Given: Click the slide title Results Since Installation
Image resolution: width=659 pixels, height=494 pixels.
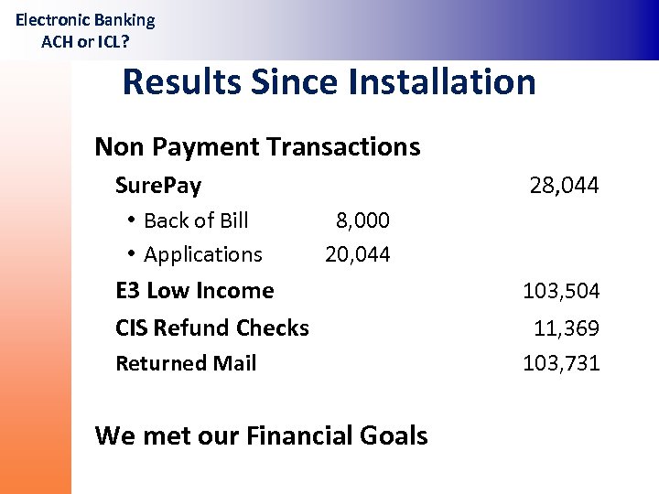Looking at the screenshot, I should pyautogui.click(x=329, y=81).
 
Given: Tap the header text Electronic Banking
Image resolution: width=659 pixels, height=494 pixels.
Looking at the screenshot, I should pyautogui.click(x=85, y=19).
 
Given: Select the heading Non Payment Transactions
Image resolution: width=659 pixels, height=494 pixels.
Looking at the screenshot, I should pyautogui.click(x=257, y=146).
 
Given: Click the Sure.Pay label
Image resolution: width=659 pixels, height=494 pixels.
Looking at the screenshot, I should pyautogui.click(x=158, y=186).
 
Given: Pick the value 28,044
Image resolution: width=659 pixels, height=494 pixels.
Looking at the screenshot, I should pyautogui.click(x=564, y=186).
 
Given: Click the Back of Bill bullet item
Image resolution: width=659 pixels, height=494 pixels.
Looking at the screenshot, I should pyautogui.click(x=196, y=220).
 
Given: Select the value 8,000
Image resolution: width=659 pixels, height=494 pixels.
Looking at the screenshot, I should pyautogui.click(x=362, y=220).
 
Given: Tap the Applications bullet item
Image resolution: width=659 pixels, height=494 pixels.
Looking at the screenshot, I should pyautogui.click(x=202, y=254).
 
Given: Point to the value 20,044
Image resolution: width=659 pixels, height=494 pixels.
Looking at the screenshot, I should pyautogui.click(x=357, y=254).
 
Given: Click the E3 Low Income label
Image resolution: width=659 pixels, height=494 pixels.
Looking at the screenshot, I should pyautogui.click(x=194, y=291).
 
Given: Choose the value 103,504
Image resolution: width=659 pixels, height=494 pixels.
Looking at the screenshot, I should pyautogui.click(x=561, y=291).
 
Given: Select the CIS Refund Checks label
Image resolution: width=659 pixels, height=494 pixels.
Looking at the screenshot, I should pyautogui.click(x=212, y=328).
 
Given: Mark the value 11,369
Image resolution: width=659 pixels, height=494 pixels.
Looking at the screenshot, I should pyautogui.click(x=567, y=328).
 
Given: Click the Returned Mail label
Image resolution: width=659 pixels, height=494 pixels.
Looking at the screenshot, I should pyautogui.click(x=186, y=363).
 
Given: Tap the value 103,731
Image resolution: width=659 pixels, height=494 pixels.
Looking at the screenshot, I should pyautogui.click(x=561, y=363).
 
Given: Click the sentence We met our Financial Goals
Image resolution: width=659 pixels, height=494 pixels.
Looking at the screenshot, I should pyautogui.click(x=261, y=435).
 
